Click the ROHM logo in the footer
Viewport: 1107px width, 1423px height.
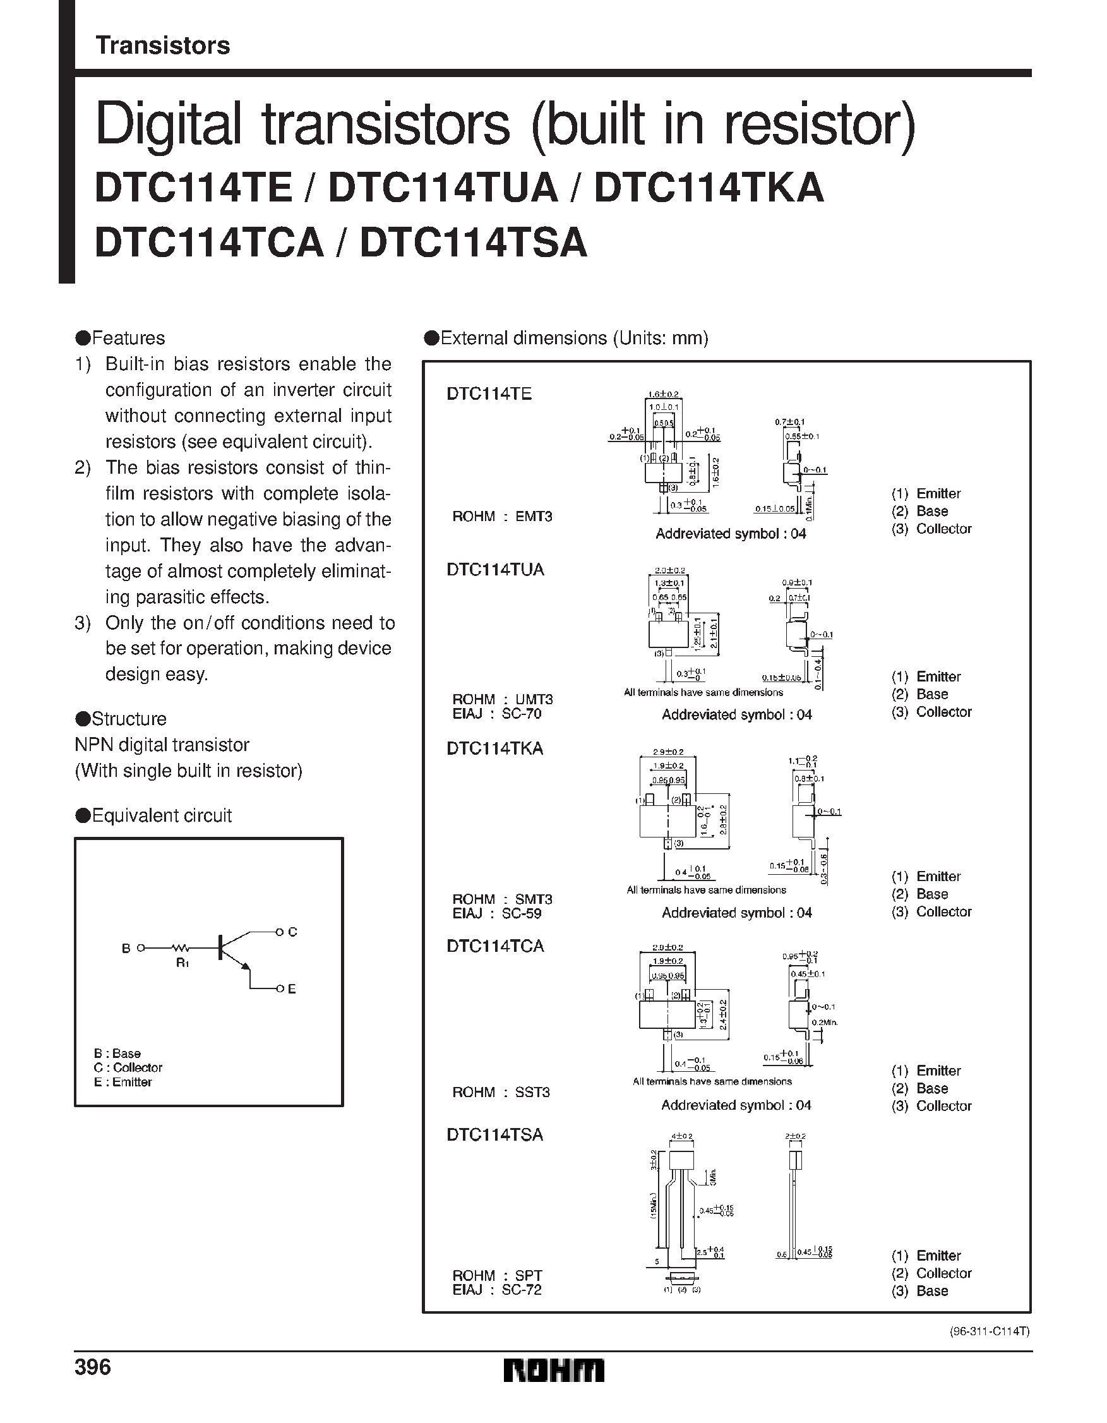point(554,1369)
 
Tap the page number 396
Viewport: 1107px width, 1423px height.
point(93,1367)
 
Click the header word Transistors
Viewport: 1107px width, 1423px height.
point(162,45)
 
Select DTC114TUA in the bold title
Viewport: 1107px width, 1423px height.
point(443,188)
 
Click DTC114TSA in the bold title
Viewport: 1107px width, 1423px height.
point(474,243)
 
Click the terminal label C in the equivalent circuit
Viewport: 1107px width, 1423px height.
point(292,932)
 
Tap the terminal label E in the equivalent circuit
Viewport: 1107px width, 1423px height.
point(292,989)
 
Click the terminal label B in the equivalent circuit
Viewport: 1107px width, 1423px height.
point(126,949)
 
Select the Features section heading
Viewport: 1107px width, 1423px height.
point(128,338)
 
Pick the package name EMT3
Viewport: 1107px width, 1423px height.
point(534,517)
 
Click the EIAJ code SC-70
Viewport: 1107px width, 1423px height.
point(521,714)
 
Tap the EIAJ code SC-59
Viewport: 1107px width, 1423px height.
point(521,913)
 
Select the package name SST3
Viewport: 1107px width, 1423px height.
point(532,1092)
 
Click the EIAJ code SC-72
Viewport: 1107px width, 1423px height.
point(521,1290)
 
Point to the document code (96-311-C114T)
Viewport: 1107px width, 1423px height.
point(988,1331)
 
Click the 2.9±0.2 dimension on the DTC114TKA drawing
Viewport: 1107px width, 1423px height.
point(668,752)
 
